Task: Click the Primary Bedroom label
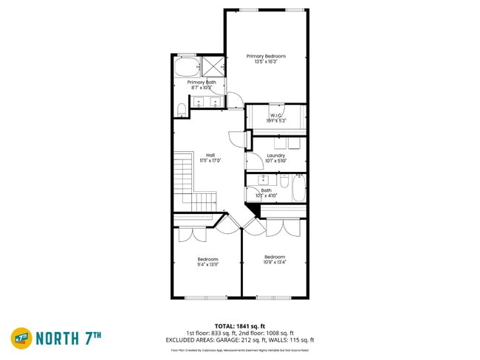(x=266, y=56)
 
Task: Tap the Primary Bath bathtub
(x=185, y=69)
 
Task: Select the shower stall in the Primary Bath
(x=213, y=66)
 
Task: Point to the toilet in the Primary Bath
(x=182, y=111)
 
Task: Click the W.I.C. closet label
(x=276, y=115)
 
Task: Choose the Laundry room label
(x=276, y=156)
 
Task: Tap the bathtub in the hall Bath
(x=298, y=187)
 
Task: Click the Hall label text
(x=210, y=155)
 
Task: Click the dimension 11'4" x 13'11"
(x=208, y=264)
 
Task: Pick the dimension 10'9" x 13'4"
(x=274, y=262)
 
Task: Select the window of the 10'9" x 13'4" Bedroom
(x=273, y=297)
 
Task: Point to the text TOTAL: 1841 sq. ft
(x=239, y=325)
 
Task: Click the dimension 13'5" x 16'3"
(x=266, y=62)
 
